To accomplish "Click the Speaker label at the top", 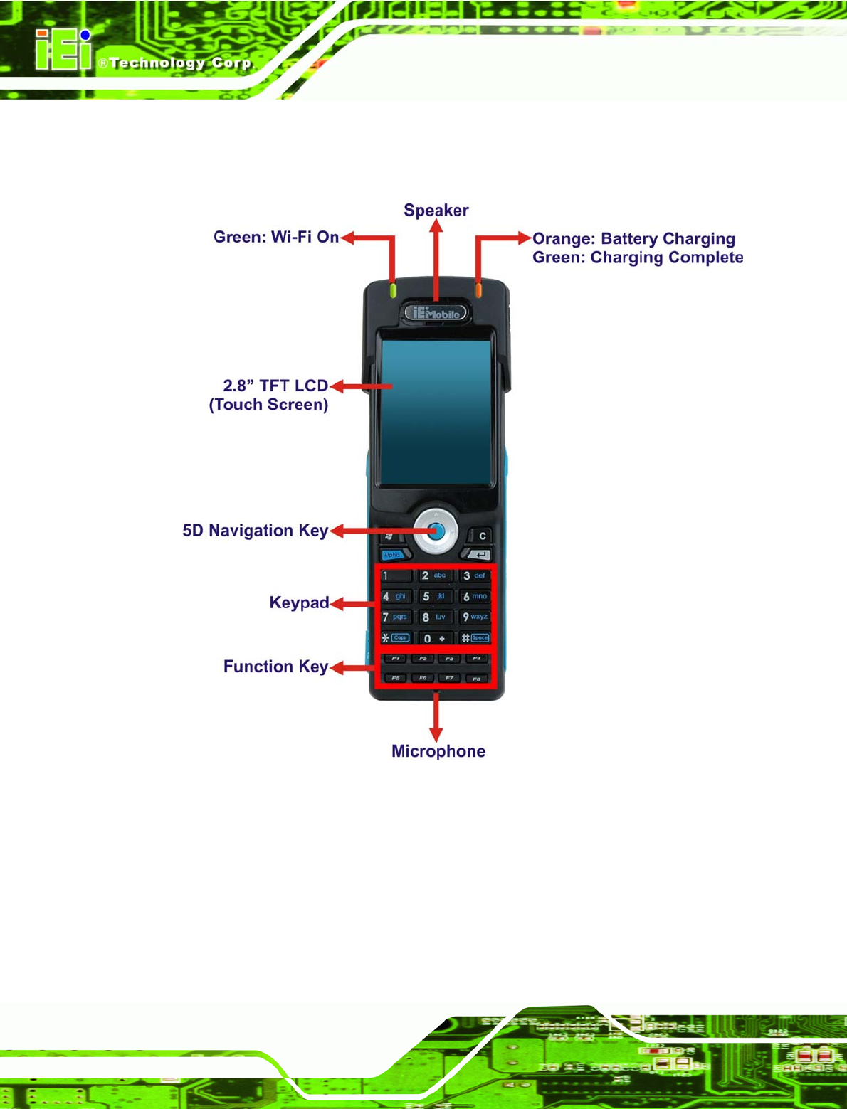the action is pos(436,211).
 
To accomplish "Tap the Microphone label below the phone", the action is pos(438,751).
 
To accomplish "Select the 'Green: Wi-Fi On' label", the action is pos(276,237).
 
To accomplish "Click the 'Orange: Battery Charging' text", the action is pos(633,239).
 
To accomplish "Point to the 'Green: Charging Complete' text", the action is pos(638,258).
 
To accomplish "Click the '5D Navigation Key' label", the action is pos(255,531).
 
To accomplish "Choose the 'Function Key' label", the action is pos(275,667).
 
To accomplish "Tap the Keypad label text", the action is pos(299,603).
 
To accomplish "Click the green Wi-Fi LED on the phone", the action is pos(393,290).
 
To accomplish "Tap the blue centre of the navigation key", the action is pos(436,531).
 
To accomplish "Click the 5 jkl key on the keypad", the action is pos(433,596).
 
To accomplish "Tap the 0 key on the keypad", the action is pos(433,638).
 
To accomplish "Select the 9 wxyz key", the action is pos(475,617).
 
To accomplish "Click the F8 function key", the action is pos(476,679).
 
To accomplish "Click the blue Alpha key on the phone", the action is pos(392,555).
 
